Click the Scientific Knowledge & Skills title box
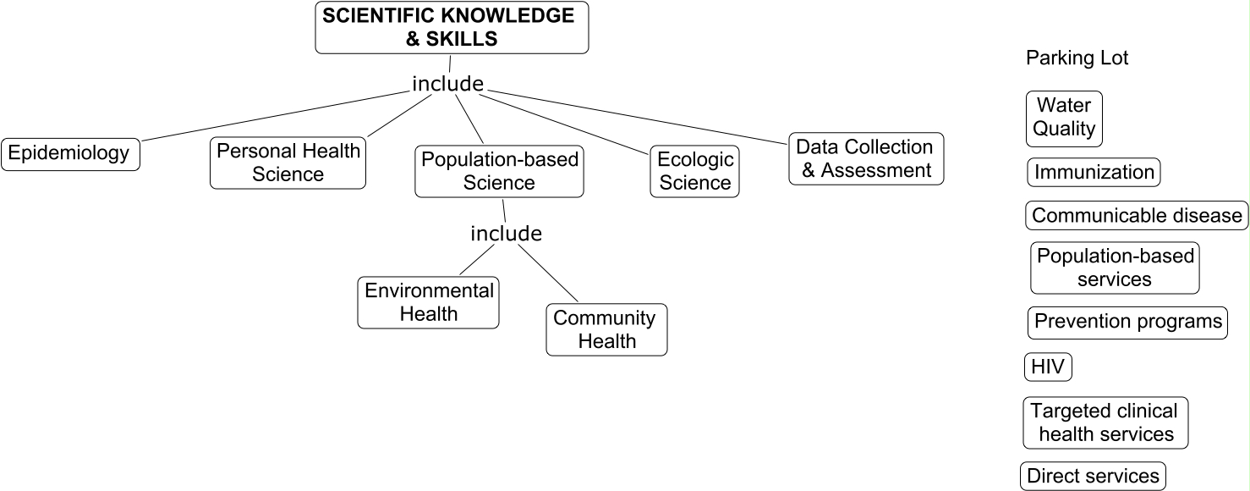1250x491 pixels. coord(452,27)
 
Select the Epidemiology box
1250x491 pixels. coord(70,153)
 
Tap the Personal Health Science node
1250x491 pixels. coord(288,163)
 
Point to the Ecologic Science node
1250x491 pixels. coord(694,171)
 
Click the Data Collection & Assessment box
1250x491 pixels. coord(865,158)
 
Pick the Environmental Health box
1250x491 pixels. coord(429,302)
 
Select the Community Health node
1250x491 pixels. coord(606,329)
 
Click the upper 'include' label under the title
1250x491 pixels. coord(447,84)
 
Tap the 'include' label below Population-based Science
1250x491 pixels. coord(506,233)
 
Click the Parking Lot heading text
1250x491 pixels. coord(1077,58)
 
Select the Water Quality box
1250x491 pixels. coord(1064,118)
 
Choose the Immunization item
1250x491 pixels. coord(1093,173)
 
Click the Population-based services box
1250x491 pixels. coord(1115,268)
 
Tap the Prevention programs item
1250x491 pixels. coord(1128,323)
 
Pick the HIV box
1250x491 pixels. coord(1047,367)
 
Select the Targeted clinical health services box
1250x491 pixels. coord(1105,422)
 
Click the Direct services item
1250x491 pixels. coord(1092,476)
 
